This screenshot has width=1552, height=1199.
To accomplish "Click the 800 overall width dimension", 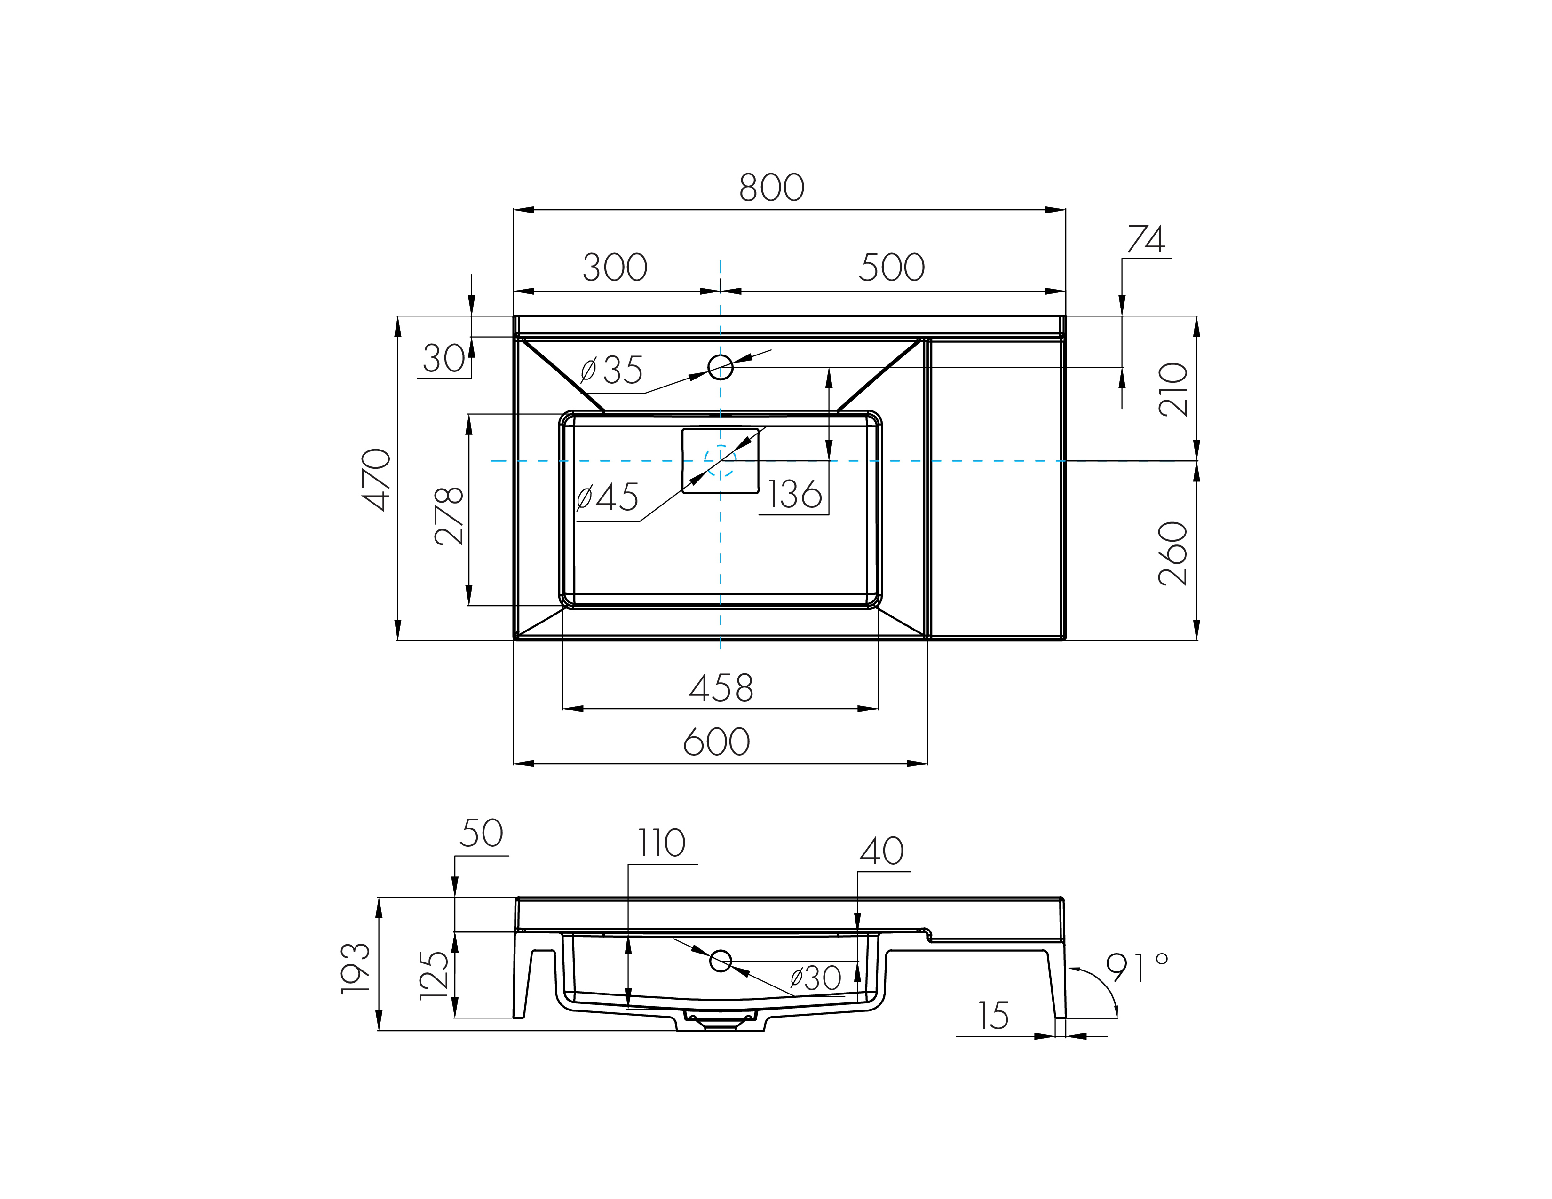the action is [x=772, y=188].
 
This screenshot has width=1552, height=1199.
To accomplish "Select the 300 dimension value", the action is [x=615, y=268].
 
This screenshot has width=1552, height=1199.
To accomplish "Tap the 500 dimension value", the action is [x=892, y=268].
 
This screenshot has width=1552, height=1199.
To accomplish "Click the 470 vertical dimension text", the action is [x=377, y=480].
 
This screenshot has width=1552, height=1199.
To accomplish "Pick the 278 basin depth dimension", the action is [x=449, y=516].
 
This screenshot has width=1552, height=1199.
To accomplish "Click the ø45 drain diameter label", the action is [x=608, y=497].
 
